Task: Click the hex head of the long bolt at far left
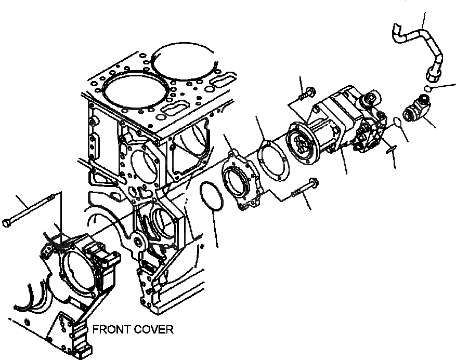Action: (x=7, y=223)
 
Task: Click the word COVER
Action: (x=151, y=329)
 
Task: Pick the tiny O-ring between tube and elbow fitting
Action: (x=427, y=89)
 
